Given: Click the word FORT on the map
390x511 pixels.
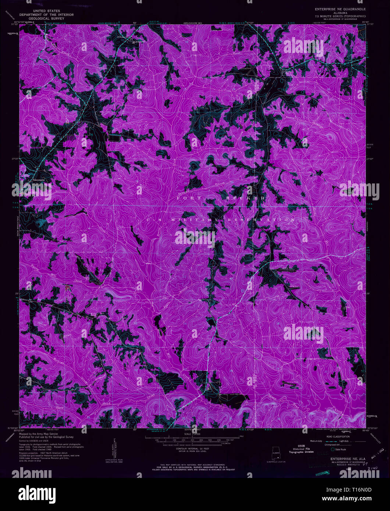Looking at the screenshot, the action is pyautogui.click(x=189, y=198).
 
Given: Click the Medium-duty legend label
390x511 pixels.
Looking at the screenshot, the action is pyautogui.click(x=316, y=441).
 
